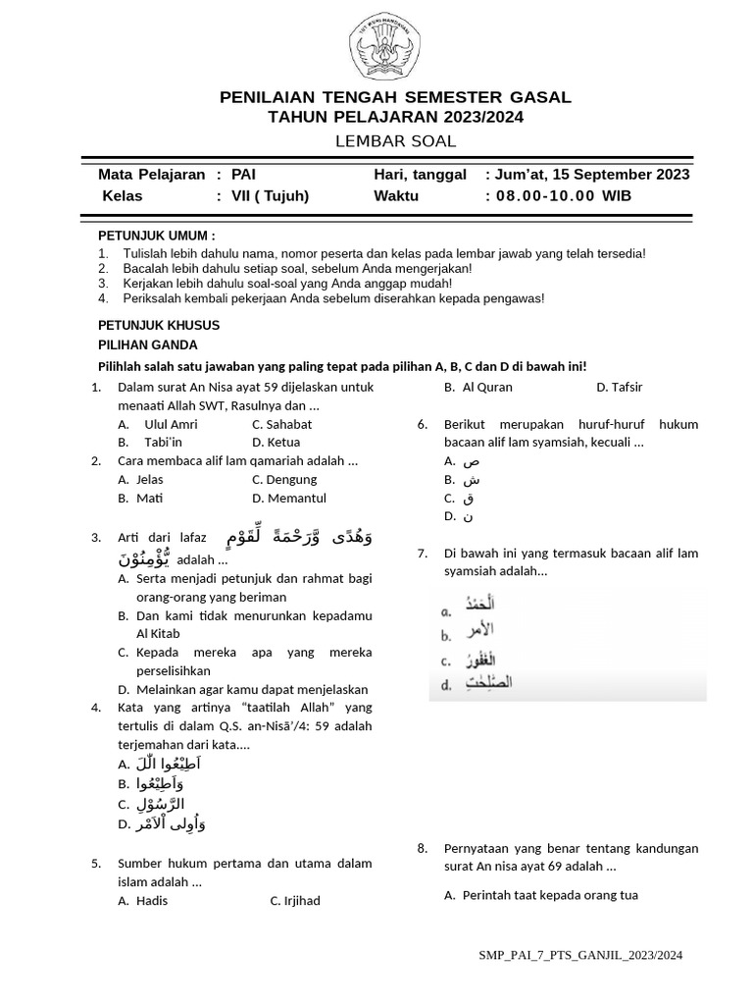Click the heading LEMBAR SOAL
point(395,141)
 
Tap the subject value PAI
point(243,175)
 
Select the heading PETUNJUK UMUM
point(156,237)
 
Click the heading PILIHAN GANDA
point(147,344)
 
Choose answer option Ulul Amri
point(171,424)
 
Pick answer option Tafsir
point(620,387)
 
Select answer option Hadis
point(152,900)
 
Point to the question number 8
point(423,848)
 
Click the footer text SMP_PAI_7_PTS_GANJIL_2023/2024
point(580,954)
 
